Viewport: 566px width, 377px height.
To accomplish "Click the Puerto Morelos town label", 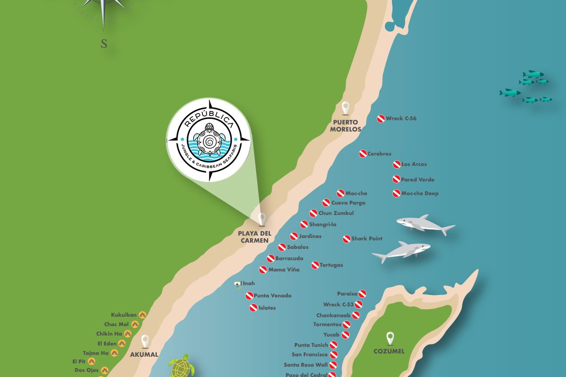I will pos(346,125).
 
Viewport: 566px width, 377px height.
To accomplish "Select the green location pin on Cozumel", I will pos(390,338).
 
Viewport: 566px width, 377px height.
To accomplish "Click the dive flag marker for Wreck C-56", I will pos(381,119).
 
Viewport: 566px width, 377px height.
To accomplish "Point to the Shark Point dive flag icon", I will pos(346,239).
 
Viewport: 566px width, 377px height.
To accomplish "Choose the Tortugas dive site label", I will pos(331,265).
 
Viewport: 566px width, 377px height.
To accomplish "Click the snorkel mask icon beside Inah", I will pos(238,284).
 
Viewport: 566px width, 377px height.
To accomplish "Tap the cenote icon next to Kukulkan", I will pos(142,315).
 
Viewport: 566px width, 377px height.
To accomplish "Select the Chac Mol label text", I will pos(117,324).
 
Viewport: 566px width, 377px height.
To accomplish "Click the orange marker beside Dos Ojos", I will pos(105,370).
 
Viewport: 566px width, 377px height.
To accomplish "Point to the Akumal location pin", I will pos(145,341).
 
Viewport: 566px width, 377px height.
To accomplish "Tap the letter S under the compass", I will pos(104,44).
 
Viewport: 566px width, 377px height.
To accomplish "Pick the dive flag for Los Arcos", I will pos(397,164).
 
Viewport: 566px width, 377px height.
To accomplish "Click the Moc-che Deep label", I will pos(419,193).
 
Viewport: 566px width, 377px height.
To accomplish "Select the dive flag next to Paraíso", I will pos(362,294).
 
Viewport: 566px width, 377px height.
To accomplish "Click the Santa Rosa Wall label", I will pos(306,365).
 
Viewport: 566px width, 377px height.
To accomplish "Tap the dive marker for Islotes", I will pos(253,308).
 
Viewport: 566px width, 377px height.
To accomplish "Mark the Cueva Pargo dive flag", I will pos(326,203).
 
